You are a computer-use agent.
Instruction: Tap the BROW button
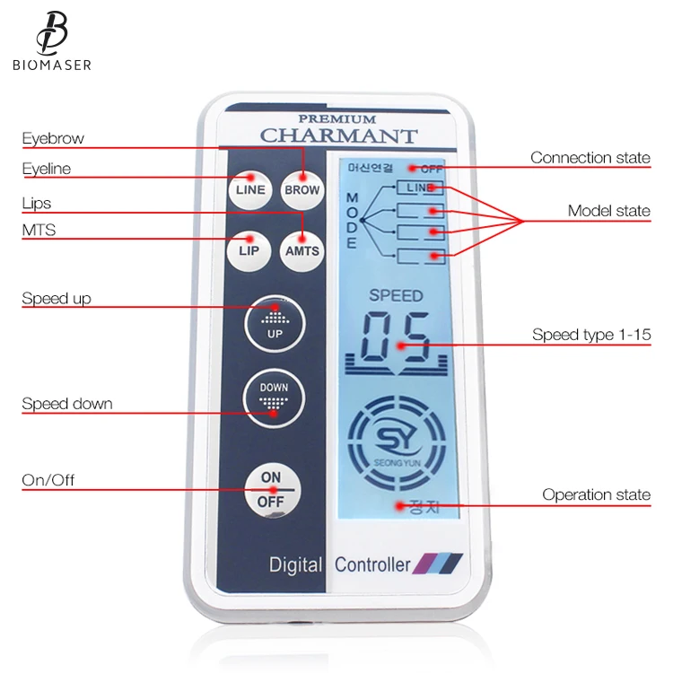(x=302, y=189)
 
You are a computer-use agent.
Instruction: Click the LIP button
(x=249, y=250)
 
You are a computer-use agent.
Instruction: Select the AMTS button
(x=302, y=250)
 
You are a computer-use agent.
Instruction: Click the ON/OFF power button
(x=271, y=490)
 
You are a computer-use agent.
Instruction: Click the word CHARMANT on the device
(x=338, y=136)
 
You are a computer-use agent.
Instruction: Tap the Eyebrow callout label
(x=53, y=138)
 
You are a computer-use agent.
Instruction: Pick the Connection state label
(x=590, y=158)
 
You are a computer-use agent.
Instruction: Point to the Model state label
(x=608, y=212)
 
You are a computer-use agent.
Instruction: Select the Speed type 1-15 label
(x=590, y=336)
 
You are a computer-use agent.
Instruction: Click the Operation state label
(x=596, y=495)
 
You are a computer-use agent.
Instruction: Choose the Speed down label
(x=67, y=404)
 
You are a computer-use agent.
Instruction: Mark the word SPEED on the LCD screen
(x=396, y=295)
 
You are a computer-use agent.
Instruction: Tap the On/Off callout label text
(x=48, y=480)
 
